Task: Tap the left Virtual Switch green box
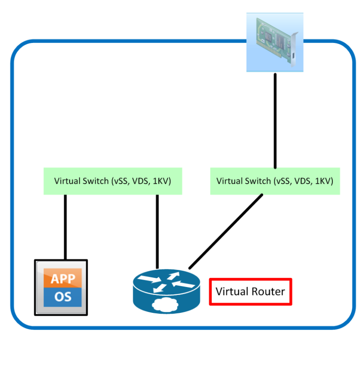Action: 113,181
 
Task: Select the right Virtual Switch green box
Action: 275,181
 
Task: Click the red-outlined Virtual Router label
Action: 251,292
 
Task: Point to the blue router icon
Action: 167,291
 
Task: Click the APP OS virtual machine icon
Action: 61,287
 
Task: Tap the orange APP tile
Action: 63,279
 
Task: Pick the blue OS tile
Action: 63,296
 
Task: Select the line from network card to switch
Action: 275,120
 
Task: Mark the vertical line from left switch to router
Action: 157,231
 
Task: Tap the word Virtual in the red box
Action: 232,292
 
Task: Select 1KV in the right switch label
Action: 322,181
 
